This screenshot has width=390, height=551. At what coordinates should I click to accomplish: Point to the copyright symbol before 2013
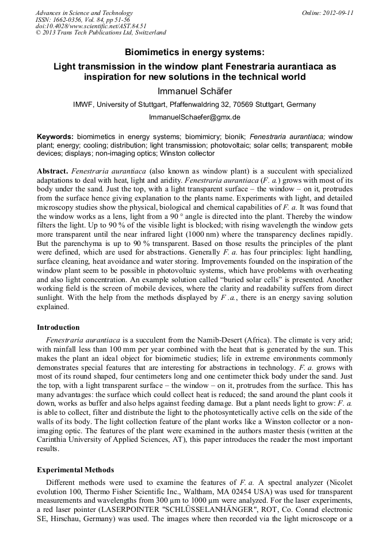(x=39, y=33)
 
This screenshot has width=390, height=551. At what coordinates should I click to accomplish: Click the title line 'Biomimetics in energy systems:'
(x=194, y=52)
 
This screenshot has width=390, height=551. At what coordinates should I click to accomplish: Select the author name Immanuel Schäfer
(x=194, y=91)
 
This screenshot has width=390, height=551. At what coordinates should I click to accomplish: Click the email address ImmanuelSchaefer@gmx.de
(x=194, y=117)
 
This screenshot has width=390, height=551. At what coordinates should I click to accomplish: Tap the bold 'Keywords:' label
(x=55, y=137)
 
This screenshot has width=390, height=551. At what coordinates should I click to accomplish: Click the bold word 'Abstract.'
(x=53, y=171)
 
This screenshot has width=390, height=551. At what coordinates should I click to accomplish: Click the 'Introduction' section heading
(x=58, y=327)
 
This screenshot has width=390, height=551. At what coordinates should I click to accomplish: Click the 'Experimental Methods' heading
(x=75, y=469)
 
